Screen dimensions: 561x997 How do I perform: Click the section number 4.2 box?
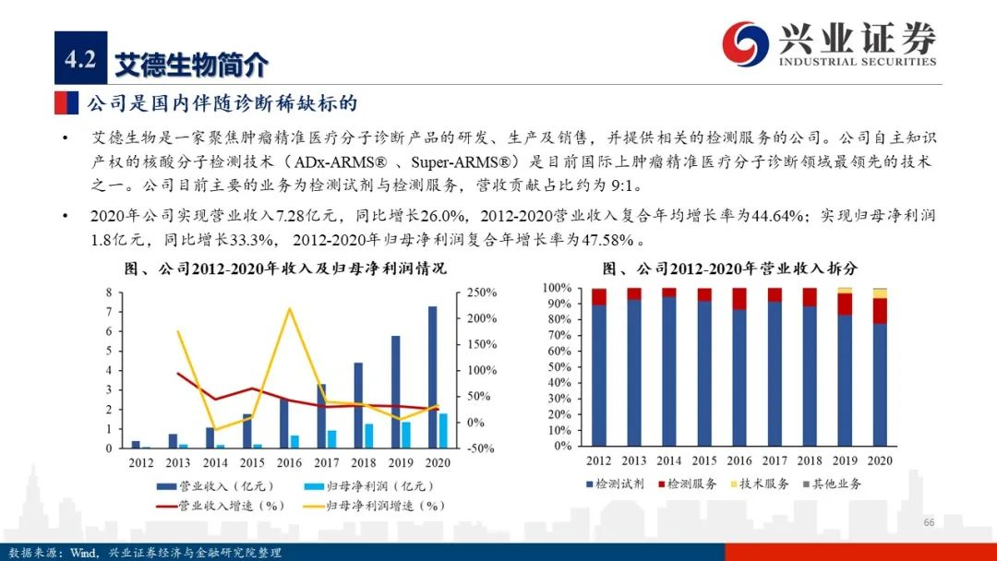tap(80, 60)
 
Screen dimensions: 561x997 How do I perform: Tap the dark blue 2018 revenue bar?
tap(358, 405)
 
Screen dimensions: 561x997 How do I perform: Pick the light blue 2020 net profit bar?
tap(443, 431)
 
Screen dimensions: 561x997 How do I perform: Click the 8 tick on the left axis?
tap(110, 292)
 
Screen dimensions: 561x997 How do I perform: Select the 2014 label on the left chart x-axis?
tap(215, 462)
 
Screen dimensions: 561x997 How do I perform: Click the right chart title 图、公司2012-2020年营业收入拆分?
tap(729, 269)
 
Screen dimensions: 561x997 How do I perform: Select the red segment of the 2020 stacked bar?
tap(881, 311)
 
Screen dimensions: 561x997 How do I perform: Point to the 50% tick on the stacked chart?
tap(561, 367)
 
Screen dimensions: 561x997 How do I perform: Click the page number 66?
tap(929, 523)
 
